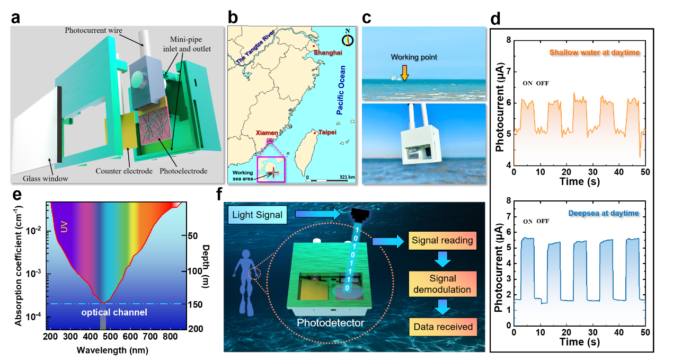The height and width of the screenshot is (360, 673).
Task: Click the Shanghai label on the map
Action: point(328,52)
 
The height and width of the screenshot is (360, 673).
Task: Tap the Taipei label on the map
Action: point(327,132)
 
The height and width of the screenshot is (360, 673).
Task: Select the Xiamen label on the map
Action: point(267,133)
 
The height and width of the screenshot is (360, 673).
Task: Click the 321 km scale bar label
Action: point(347,177)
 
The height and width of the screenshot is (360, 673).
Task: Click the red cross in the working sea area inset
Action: point(273,172)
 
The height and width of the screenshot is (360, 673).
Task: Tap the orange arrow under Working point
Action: point(404,73)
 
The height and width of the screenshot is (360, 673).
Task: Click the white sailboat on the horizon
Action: point(394,77)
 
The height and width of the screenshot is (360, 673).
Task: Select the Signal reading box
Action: point(442,240)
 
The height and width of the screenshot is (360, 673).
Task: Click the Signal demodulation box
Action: point(442,284)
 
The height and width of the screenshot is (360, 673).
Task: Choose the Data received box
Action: point(443,327)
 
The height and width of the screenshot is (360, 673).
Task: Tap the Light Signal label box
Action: point(258,215)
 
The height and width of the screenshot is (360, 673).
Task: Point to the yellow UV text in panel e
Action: point(64,227)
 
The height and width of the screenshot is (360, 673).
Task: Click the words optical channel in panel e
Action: point(114,312)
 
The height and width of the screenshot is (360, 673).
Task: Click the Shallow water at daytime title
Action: point(594,52)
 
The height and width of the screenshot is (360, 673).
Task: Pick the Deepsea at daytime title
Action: point(603,213)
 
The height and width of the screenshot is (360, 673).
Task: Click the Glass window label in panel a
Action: point(46,179)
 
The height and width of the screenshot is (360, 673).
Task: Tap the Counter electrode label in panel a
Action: point(124,171)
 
